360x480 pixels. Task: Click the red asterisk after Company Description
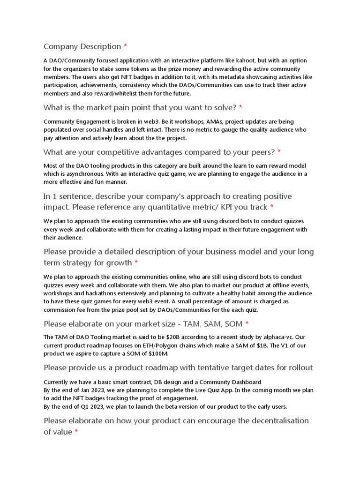(x=125, y=46)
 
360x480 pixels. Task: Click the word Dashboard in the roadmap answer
(x=242, y=382)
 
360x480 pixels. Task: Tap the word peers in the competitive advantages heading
(x=262, y=152)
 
